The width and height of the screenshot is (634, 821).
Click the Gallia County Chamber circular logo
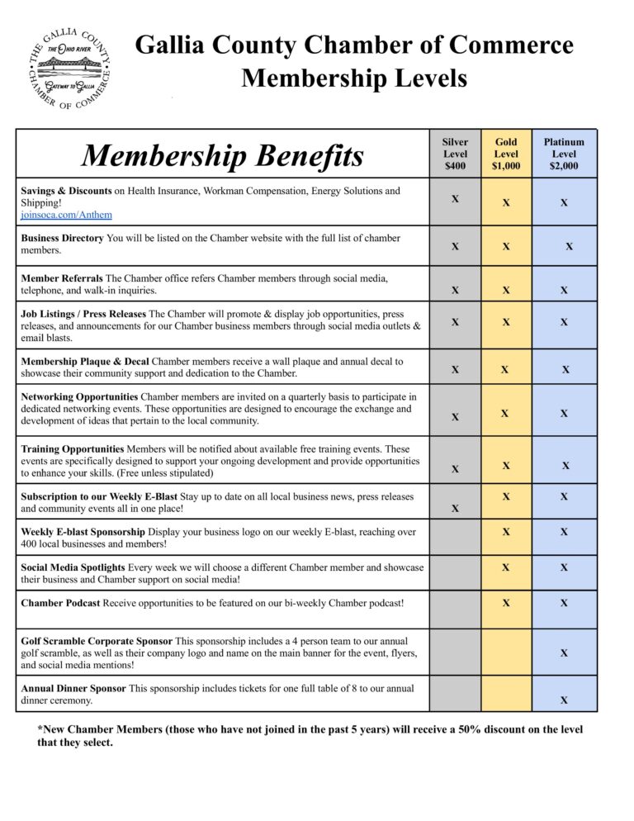click(x=69, y=71)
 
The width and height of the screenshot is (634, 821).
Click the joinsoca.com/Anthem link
click(x=66, y=215)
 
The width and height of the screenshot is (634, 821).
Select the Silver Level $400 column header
click(x=455, y=154)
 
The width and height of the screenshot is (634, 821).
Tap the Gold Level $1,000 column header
click(x=506, y=154)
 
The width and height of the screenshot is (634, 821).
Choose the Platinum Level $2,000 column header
click(x=564, y=154)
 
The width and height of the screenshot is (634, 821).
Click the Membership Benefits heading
click(x=222, y=155)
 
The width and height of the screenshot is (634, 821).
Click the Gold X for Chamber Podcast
click(x=506, y=603)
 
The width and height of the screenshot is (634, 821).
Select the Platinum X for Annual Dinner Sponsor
click(x=564, y=700)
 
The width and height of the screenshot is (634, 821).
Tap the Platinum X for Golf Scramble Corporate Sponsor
click(x=564, y=653)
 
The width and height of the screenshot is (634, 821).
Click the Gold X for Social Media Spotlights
click(x=506, y=567)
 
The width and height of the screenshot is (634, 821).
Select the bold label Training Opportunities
click(x=73, y=449)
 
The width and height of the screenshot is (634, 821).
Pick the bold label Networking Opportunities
click(x=80, y=397)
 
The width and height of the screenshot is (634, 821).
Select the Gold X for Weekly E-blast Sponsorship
click(x=506, y=532)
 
